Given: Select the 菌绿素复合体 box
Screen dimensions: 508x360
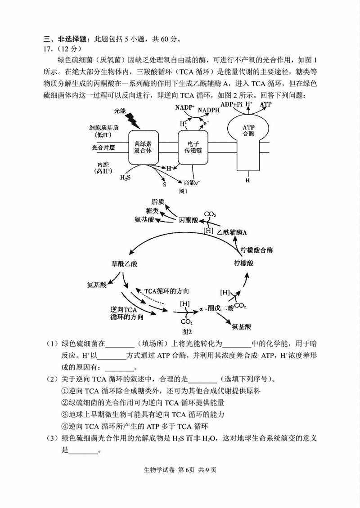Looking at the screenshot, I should [143, 147].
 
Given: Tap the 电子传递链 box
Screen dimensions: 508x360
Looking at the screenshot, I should [193, 147].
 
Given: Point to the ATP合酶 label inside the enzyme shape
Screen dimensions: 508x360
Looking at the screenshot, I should [248, 130].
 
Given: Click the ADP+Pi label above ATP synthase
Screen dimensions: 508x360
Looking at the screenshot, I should [232, 104].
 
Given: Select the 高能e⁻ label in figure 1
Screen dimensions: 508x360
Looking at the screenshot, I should [192, 183].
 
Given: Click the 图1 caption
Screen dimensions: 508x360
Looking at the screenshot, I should [183, 192].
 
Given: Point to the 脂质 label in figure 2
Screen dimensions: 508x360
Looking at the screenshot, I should [158, 202].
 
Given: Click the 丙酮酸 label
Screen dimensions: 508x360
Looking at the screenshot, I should [188, 220].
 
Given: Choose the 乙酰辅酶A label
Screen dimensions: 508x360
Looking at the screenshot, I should [232, 232].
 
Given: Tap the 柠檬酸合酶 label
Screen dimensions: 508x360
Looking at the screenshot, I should [256, 250].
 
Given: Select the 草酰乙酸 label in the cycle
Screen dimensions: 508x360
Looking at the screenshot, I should [124, 263].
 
